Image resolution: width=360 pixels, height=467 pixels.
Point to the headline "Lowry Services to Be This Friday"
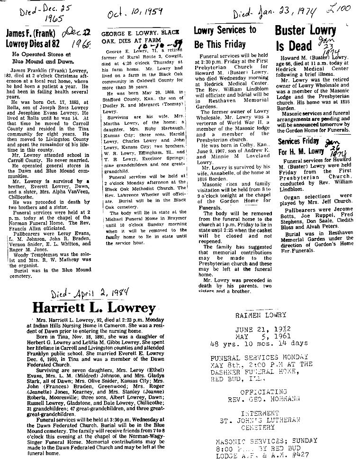click(221, 38)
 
